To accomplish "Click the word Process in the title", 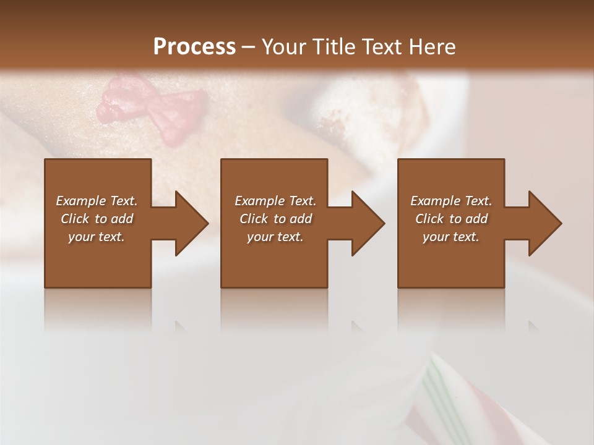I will click(194, 47).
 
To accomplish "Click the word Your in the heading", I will click(284, 47).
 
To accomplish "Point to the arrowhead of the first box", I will click(189, 223).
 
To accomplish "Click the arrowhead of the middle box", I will click(365, 223).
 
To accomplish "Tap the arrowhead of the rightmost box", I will click(542, 223).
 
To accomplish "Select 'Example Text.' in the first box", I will click(97, 201).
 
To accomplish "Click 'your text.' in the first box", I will click(97, 237).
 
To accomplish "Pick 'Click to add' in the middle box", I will click(275, 219).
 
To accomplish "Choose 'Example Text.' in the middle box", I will click(275, 201).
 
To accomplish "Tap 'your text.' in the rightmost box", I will click(451, 237).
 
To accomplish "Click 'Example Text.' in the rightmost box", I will click(451, 201).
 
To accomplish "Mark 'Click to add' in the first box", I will click(97, 219).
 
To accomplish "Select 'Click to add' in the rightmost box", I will click(451, 219).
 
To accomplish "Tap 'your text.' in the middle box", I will click(275, 237).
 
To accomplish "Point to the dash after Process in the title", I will click(249, 48).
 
